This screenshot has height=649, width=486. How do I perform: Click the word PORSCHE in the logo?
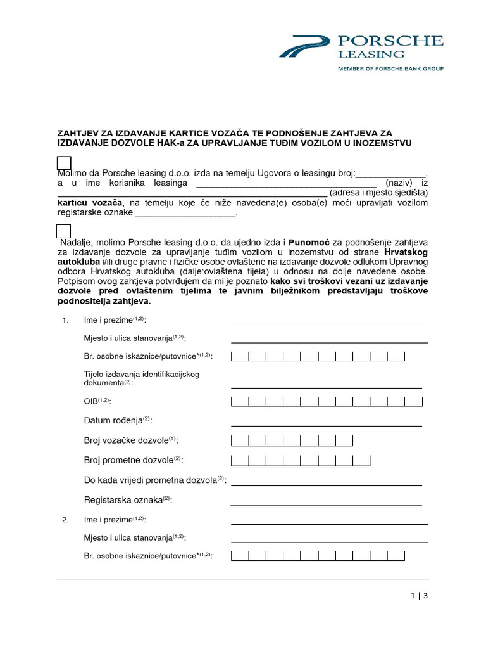coord(399,42)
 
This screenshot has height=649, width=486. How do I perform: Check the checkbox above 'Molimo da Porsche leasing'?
coord(64,162)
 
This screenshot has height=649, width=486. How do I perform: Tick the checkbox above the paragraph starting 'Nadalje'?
coord(64,231)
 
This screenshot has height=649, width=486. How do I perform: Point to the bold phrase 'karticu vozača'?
coord(89,203)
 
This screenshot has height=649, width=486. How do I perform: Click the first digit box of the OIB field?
coord(240,401)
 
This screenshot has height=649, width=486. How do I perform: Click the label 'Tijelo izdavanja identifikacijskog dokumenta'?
coord(141,378)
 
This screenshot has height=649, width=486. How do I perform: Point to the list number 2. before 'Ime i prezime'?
coord(65,520)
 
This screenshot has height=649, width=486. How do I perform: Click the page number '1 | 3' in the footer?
coord(419,596)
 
